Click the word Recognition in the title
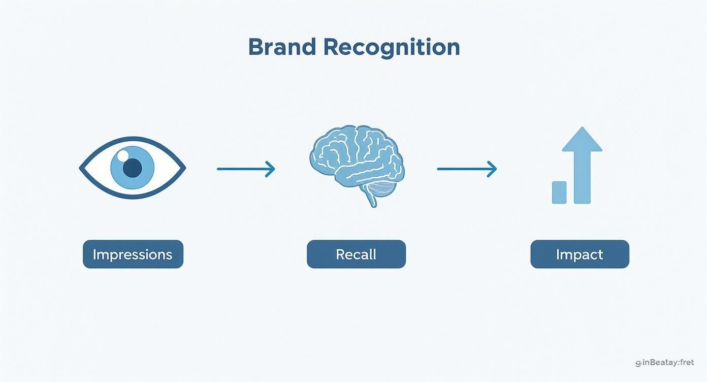click(x=391, y=47)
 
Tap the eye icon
click(x=133, y=167)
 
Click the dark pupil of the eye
click(x=133, y=168)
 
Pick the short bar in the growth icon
click(x=559, y=193)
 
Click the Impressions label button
click(x=133, y=254)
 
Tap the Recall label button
click(x=356, y=254)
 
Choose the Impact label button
click(x=580, y=254)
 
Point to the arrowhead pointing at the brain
click(x=270, y=169)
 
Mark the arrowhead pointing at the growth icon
click(x=492, y=169)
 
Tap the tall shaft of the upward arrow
click(x=582, y=178)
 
